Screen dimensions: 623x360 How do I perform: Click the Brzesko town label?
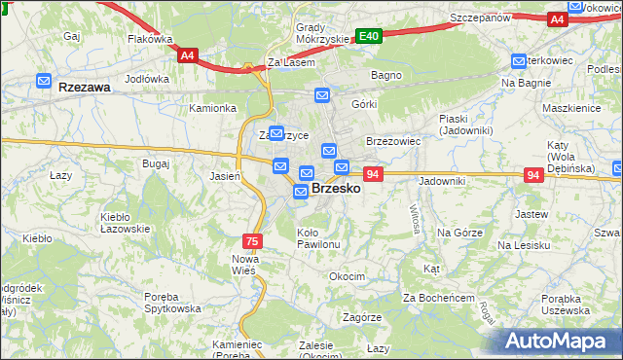pos(336,190)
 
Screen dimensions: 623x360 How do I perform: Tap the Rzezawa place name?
pos(83,87)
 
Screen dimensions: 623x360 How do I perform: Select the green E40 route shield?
pos(368,36)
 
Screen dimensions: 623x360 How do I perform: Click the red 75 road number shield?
pos(252,240)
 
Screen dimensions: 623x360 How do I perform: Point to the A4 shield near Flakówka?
pos(189,56)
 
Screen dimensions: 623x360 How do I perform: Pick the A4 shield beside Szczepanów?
pos(557,18)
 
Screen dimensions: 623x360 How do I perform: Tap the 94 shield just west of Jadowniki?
pos(373,174)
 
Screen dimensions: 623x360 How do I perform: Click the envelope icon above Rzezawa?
pos(44,80)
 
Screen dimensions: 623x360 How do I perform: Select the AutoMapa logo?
pos(559,342)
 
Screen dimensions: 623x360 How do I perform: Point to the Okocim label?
pos(347,276)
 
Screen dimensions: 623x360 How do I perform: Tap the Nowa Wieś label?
pos(243,264)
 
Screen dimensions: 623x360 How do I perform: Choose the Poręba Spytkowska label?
pos(166,302)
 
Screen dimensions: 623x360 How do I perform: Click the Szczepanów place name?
pos(481,18)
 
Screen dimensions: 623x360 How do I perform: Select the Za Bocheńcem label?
pos(438,297)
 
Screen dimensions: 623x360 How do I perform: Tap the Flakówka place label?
pos(150,40)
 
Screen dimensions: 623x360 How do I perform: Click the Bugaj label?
pos(156,163)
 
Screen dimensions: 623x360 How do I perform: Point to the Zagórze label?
pos(361,317)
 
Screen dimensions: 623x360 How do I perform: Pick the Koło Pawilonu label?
pos(318,238)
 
